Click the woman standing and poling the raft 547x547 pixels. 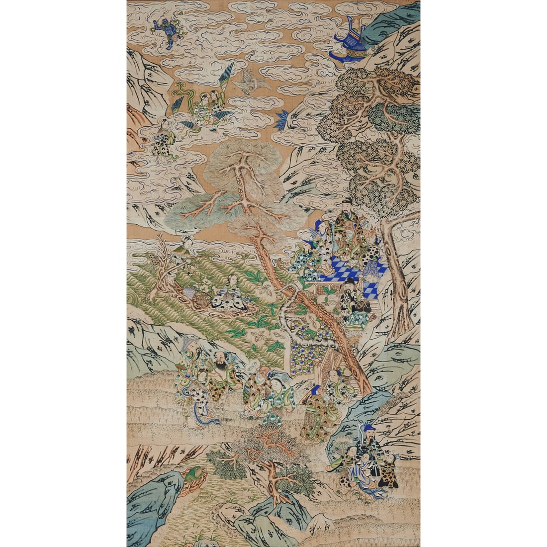(182, 256)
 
